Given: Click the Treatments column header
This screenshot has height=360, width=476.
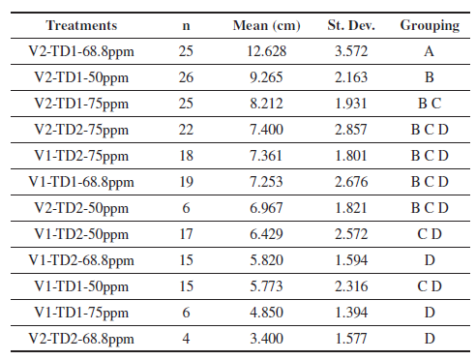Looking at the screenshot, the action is tap(81, 25).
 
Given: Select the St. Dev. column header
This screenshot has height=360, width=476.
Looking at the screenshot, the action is tap(351, 25).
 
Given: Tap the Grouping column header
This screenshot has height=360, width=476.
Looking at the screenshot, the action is tap(430, 26).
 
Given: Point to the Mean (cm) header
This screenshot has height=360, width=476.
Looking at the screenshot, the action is tap(267, 26).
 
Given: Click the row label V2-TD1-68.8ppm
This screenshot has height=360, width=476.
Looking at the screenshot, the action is tap(81, 52).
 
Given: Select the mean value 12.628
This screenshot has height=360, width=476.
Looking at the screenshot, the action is tap(267, 51).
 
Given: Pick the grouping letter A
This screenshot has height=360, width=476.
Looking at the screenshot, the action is tap(430, 51).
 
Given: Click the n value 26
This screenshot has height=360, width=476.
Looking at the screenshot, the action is tap(186, 77).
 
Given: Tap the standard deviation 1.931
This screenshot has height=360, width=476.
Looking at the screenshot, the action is tap(351, 104).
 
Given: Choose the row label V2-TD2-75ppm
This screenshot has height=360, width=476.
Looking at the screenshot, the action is tap(81, 131).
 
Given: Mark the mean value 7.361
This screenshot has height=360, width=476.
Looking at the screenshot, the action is tap(266, 156).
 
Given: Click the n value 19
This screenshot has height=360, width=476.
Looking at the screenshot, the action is tap(186, 182).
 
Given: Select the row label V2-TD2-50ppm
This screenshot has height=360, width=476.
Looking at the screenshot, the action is tap(81, 209).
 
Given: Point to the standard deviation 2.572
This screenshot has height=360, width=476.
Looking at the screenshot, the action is tap(351, 234).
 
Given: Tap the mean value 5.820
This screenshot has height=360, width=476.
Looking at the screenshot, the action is tap(267, 260).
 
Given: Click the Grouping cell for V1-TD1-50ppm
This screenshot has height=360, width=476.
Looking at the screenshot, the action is tap(430, 286).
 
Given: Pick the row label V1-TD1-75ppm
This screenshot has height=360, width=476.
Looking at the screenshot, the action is tap(81, 314).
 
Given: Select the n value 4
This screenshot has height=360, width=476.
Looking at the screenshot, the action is tap(186, 339).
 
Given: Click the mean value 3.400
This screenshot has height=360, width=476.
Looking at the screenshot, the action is tap(267, 339).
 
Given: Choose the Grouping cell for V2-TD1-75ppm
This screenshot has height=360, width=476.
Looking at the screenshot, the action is tap(430, 104).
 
